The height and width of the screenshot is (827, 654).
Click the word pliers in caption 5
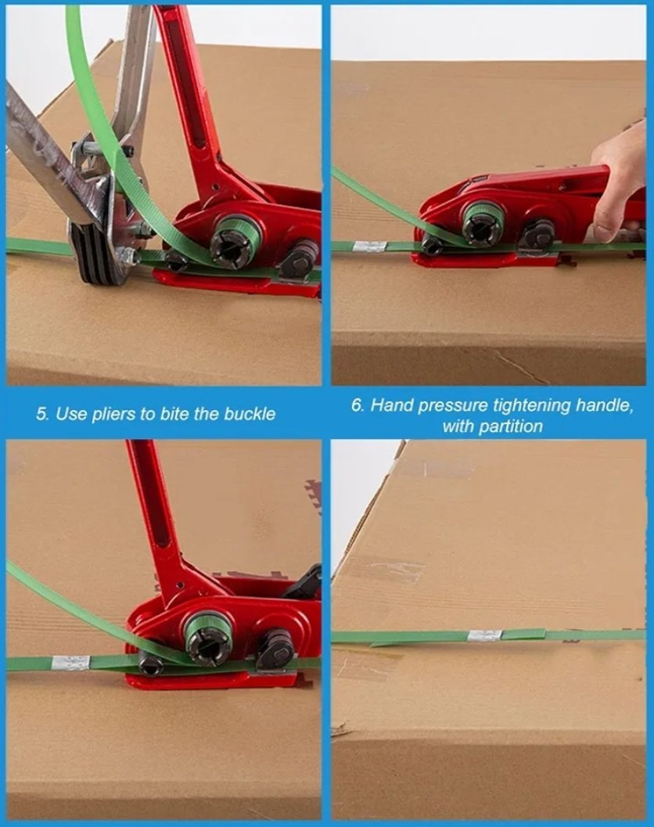click(x=113, y=414)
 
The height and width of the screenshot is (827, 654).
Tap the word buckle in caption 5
click(x=250, y=413)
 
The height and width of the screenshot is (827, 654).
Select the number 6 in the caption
click(x=358, y=405)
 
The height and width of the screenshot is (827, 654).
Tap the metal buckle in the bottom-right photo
click(x=484, y=635)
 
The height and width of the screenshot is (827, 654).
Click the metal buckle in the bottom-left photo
click(x=70, y=663)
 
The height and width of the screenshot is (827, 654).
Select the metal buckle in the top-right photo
click(x=370, y=246)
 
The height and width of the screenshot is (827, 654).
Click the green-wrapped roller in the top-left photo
click(x=236, y=240)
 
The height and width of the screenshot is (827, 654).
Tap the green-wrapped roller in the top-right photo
click(x=483, y=221)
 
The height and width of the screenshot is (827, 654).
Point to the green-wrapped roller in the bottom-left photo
click(x=208, y=638)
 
